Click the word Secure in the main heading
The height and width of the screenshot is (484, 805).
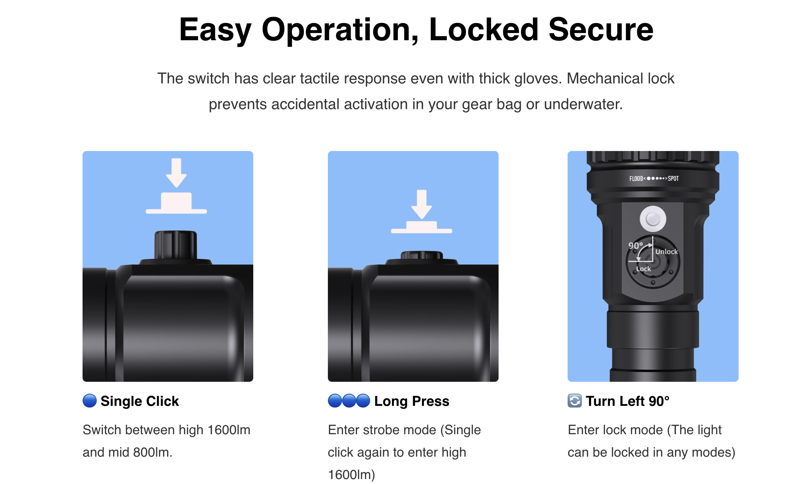601,30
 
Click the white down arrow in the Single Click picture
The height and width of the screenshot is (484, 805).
176,173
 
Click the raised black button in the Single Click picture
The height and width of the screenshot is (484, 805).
176,245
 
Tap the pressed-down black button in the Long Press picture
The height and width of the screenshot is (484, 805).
422,255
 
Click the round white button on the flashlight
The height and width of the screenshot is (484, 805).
653,219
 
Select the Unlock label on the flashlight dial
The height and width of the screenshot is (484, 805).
666,252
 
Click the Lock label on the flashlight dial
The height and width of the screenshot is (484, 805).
644,269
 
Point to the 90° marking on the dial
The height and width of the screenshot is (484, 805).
636,246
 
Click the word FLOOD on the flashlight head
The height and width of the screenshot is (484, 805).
636,179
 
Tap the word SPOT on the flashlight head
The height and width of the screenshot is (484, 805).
673,179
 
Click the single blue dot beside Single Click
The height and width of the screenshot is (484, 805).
89,401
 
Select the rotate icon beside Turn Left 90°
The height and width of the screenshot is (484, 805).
575,401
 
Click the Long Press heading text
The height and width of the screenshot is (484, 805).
412,401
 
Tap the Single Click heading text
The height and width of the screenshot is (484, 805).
140,401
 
